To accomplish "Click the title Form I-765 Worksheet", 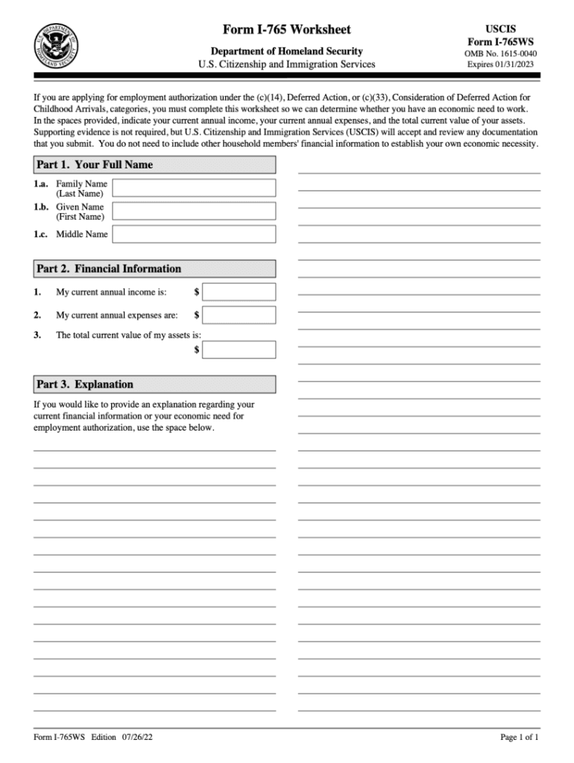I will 287,30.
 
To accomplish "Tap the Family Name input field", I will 194,188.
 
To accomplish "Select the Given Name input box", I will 194,211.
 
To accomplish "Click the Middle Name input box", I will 194,234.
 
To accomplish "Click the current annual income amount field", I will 239,292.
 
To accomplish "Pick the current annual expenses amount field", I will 239,315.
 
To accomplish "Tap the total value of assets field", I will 239,349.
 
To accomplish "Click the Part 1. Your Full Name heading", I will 95,165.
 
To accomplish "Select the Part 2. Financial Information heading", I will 109,269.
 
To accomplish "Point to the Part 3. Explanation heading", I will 85,384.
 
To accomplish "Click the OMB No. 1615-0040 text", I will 501,54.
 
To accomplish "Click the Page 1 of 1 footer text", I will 519,738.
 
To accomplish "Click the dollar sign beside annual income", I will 197,292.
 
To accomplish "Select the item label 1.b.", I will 41,206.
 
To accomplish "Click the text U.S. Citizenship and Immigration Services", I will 287,65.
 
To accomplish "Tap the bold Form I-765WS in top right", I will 501,42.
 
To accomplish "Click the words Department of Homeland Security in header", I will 287,51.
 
